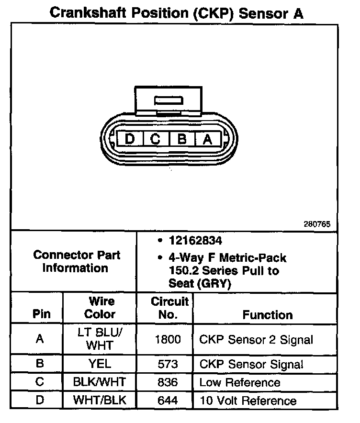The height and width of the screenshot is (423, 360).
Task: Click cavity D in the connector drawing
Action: (x=129, y=139)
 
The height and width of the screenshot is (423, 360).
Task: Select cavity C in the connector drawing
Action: (x=155, y=139)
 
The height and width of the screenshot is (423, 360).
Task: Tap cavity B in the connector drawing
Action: (x=181, y=139)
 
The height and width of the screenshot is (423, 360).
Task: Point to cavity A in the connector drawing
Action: (x=207, y=139)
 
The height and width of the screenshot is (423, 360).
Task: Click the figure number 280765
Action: (x=316, y=223)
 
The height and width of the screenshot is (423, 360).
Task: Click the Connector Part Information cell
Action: (x=77, y=261)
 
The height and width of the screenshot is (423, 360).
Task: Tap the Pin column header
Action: (x=41, y=314)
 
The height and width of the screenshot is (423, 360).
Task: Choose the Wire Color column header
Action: (x=100, y=308)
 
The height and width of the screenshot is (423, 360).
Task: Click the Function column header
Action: (x=268, y=314)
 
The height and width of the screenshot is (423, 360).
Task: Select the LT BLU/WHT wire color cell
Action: (x=100, y=339)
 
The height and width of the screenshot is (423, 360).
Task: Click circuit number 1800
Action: (x=168, y=339)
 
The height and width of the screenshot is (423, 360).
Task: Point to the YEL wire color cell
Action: (x=100, y=364)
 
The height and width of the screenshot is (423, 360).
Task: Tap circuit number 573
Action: (x=168, y=365)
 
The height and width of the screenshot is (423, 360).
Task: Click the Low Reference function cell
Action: (x=240, y=382)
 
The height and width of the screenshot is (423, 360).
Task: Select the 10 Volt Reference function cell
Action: (x=248, y=401)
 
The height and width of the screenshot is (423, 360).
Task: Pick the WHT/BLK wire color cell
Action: (x=100, y=400)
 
